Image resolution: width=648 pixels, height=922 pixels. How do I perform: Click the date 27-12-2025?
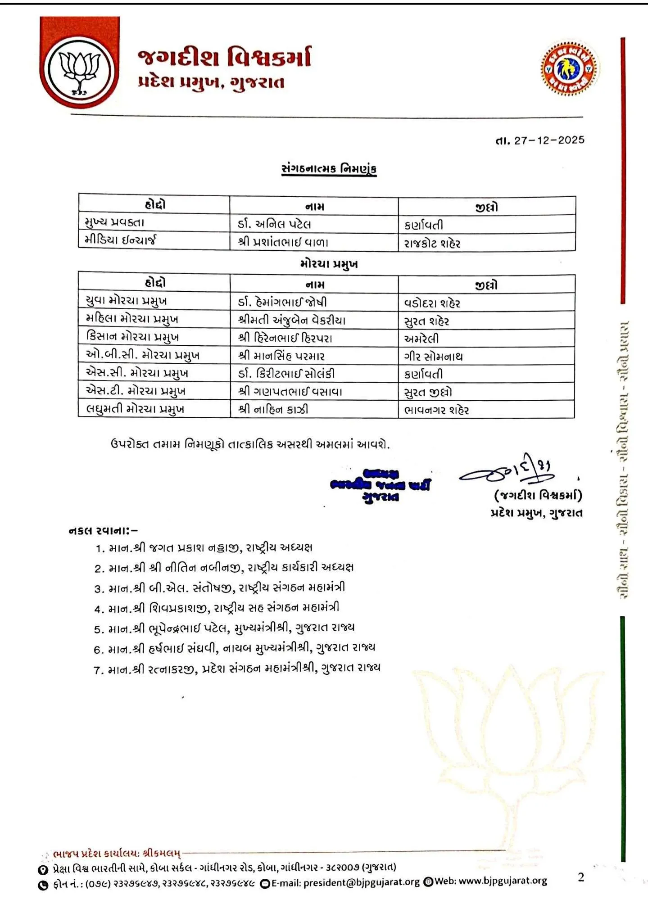pos(549,140)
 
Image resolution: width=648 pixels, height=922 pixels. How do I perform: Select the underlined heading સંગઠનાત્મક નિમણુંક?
pos(329,169)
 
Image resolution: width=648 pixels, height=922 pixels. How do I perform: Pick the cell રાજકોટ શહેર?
pos(432,244)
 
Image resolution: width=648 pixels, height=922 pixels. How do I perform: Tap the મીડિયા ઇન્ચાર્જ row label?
pos(120,240)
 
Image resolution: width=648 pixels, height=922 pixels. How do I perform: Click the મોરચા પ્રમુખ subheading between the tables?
pos(329,264)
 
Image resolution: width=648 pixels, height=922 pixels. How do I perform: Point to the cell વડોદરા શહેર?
pos(432,303)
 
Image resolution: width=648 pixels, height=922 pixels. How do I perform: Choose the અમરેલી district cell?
pos(421,339)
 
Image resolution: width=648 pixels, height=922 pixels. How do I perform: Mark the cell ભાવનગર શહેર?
pos(437,410)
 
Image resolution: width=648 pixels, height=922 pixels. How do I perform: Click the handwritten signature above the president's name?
pos(507,471)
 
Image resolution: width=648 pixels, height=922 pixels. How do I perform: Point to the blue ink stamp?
pos(380,485)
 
